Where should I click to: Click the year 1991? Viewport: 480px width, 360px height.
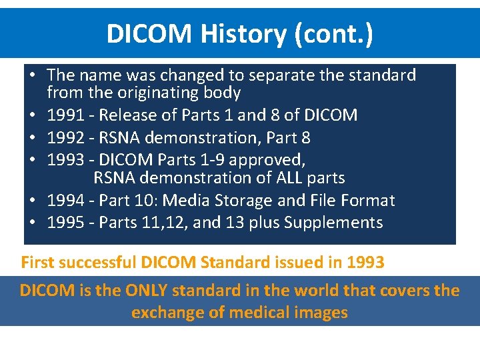point(65,115)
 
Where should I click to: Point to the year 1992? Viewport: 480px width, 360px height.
point(65,138)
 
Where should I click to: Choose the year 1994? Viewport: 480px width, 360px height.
point(65,201)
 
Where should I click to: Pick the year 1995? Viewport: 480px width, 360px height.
point(65,223)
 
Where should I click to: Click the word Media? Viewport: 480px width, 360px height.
point(187,201)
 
